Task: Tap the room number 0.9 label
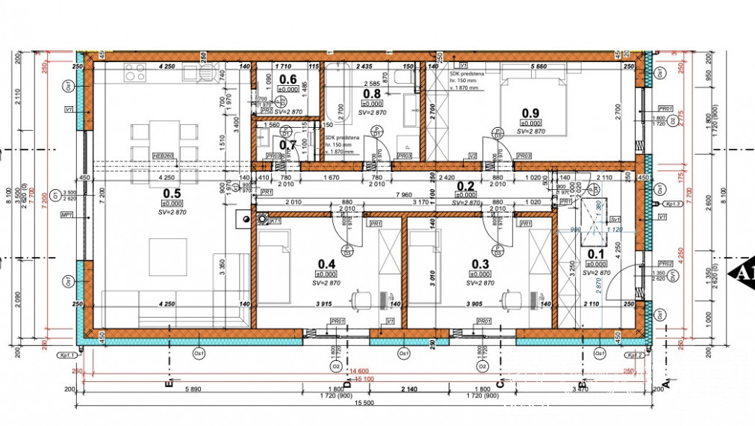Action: click(x=529, y=113)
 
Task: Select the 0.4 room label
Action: click(x=326, y=264)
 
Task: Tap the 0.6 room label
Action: click(x=288, y=79)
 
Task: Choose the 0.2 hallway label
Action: click(x=466, y=186)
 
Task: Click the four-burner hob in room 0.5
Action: click(x=135, y=72)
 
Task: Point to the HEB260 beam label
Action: click(x=162, y=155)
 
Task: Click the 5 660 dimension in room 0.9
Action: click(x=536, y=67)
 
